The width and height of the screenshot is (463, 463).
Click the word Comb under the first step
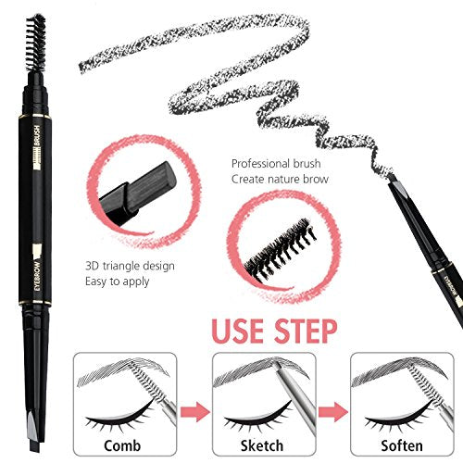coord(122,445)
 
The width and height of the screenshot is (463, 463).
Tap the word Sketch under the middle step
coord(262,445)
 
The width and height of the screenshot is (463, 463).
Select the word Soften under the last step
coord(402,445)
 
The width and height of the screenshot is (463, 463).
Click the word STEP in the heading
coord(306,332)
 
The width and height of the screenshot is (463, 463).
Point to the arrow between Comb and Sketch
coord(195,412)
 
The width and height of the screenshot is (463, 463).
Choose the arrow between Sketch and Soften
coord(333,412)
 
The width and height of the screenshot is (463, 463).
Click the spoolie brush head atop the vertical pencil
coord(35,43)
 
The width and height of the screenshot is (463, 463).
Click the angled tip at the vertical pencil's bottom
coord(34,432)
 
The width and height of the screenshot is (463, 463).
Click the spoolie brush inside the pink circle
coord(281,249)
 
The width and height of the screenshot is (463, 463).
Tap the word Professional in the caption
coord(261,164)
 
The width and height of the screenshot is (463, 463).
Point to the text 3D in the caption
coord(92,266)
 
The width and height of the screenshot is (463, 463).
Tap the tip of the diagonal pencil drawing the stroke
coord(390,179)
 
